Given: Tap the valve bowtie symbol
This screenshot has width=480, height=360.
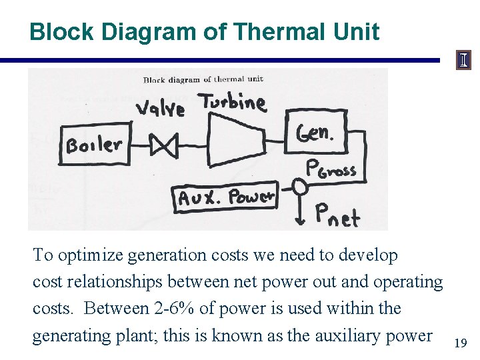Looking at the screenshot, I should tap(163, 145).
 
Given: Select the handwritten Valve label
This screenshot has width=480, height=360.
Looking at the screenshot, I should tap(160, 107).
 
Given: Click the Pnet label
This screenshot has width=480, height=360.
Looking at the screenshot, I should tap(337, 215).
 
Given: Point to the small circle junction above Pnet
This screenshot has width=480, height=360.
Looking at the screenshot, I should tap(300, 187).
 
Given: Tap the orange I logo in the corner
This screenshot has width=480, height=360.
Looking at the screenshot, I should tap(463, 61).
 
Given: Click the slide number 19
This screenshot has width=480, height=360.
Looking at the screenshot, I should tap(459, 343).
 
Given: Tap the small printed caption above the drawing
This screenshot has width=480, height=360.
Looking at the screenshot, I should tap(203, 80).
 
